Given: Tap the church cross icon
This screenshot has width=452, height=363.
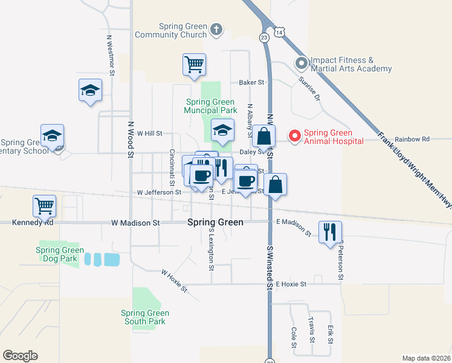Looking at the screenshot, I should [216, 28].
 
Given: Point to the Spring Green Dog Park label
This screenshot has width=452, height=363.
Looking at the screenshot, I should [60, 254].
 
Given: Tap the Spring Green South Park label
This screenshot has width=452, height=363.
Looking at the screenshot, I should [144, 317].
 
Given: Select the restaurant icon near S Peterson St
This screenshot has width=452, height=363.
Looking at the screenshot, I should [330, 232].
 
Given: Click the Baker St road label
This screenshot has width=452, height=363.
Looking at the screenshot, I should [252, 82].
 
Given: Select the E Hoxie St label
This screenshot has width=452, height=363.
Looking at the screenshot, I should [291, 284].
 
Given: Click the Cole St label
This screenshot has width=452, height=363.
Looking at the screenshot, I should [294, 338].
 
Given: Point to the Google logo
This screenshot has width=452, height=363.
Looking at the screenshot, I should [20, 356].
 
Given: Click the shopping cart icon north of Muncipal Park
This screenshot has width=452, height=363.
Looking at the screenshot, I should [194, 64].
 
